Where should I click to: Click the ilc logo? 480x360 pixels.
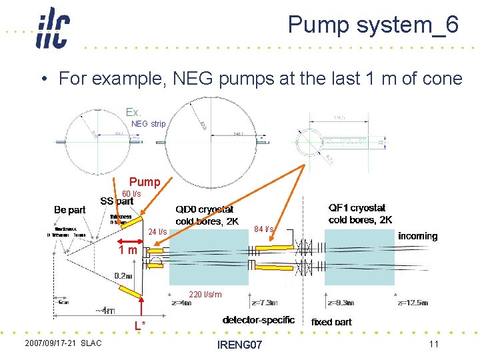(x=53, y=28)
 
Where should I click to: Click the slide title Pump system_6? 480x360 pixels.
(x=373, y=25)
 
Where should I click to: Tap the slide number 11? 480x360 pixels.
(x=433, y=343)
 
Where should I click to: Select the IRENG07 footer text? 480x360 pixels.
(x=239, y=344)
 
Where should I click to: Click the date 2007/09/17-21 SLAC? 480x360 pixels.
(x=63, y=343)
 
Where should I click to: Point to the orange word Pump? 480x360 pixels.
(x=145, y=182)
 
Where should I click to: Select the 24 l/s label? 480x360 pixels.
(x=157, y=232)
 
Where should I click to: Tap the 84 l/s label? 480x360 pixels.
(x=265, y=229)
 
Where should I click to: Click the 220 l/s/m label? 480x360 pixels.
(x=205, y=294)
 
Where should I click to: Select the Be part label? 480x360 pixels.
(x=69, y=210)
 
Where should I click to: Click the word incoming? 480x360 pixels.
(x=417, y=236)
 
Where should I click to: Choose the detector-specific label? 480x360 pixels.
(x=259, y=320)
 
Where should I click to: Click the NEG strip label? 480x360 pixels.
(x=148, y=124)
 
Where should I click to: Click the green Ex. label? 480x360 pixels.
(x=134, y=113)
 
